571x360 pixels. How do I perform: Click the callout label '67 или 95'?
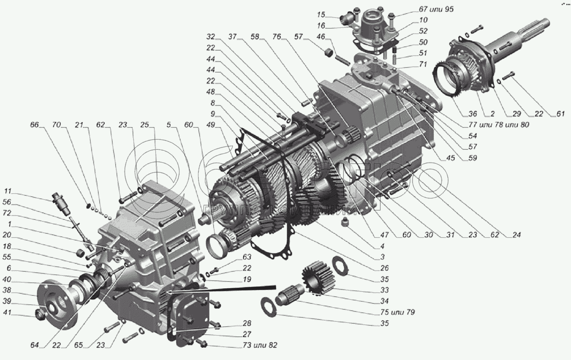(x=431, y=9)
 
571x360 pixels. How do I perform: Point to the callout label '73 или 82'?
(x=260, y=345)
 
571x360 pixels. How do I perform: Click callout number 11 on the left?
(x=9, y=190)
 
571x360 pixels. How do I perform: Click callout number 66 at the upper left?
(x=34, y=125)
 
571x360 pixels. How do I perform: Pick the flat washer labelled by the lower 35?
(x=268, y=306)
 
